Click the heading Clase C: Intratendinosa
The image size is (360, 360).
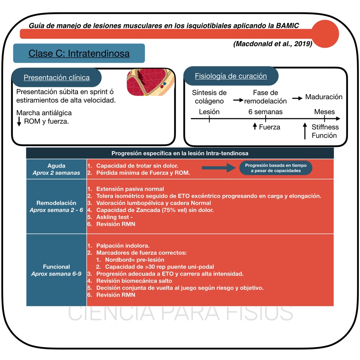(79, 53)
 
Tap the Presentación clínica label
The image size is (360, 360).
(56, 78)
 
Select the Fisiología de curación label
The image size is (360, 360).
(230, 76)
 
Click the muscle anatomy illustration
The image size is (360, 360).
(150, 82)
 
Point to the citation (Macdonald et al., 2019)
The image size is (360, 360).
(272, 44)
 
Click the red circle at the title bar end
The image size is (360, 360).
(325, 33)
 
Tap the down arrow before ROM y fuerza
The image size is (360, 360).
(19, 121)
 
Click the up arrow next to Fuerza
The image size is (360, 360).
(255, 127)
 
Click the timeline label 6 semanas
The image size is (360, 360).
(265, 112)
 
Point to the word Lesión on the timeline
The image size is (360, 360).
(209, 112)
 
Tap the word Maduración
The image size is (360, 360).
(324, 97)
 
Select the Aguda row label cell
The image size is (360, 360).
(56, 169)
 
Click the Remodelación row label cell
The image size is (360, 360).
(56, 206)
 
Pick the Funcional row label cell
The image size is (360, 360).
(56, 270)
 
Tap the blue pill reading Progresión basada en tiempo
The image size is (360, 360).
(276, 168)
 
